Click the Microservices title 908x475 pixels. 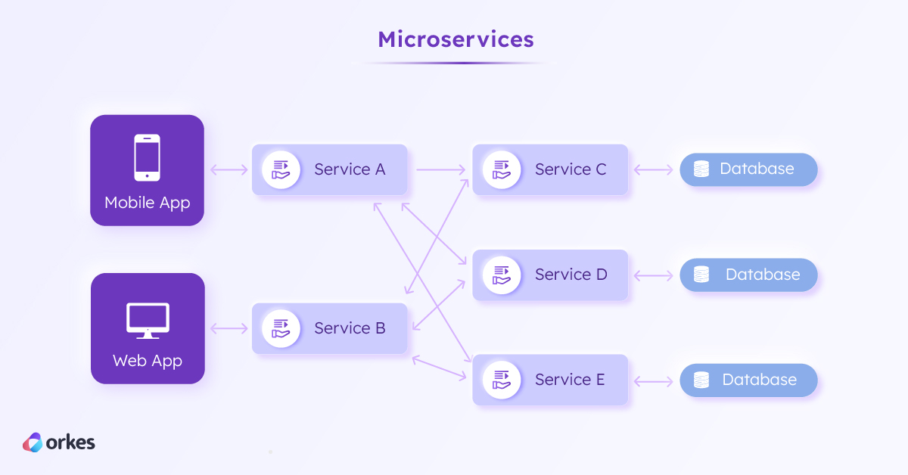[456, 39]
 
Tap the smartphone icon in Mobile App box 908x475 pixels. [147, 157]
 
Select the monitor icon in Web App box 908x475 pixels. [147, 321]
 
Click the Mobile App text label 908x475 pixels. [147, 203]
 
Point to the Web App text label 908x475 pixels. [147, 361]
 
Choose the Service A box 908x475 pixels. [330, 169]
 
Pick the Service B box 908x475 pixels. [330, 328]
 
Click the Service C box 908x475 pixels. [550, 169]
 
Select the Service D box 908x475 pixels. [550, 275]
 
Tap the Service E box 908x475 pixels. [550, 380]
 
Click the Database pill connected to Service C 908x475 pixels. [748, 169]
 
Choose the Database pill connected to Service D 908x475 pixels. [748, 275]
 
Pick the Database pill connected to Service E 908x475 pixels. [748, 380]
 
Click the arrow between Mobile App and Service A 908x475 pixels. [229, 169]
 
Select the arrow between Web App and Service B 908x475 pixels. [229, 328]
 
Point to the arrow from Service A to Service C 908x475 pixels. [441, 169]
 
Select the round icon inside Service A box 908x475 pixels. [281, 169]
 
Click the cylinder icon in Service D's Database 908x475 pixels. [701, 275]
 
